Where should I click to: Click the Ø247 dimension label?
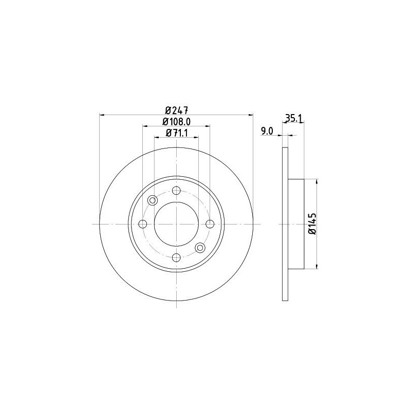177,110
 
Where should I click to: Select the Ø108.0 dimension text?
176,122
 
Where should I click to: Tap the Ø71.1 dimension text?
177,133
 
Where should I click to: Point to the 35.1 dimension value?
294,119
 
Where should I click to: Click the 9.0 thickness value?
267,131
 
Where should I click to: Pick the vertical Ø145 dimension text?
312,223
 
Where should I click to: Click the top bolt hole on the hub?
176,191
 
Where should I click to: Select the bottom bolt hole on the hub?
176,258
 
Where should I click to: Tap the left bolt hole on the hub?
143,224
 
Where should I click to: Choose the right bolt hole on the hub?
210,224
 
